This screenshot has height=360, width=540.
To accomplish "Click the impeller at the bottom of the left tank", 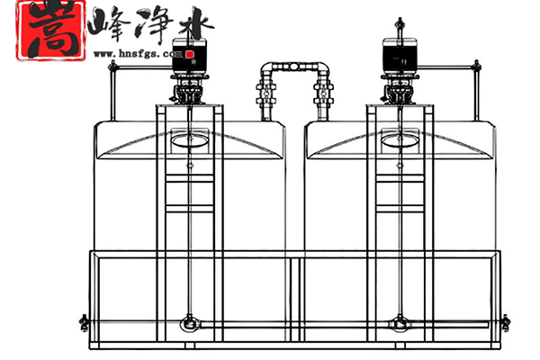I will click(188, 321).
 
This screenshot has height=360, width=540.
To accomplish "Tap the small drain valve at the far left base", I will click(84, 320).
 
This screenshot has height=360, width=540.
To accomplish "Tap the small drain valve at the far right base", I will click(505, 320).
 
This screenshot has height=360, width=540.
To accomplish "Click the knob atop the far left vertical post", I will click(112, 64).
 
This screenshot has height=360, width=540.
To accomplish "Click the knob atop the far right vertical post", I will click(475, 64).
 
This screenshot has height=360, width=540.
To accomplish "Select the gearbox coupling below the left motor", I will click(189, 91).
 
